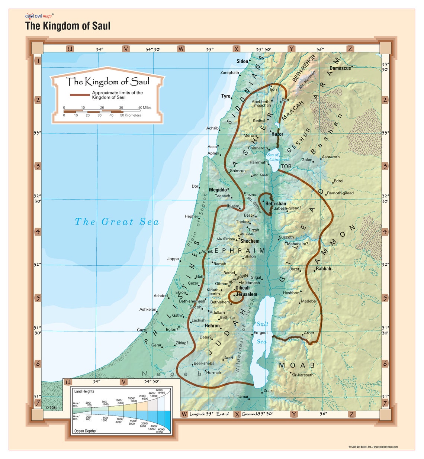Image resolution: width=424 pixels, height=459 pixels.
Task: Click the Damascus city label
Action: [x=340, y=68]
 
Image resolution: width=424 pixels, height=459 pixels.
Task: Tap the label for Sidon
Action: [x=242, y=61]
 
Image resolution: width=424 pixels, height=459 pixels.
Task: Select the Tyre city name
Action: [x=226, y=96]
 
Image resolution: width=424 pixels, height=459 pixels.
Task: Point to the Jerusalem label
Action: [x=247, y=294]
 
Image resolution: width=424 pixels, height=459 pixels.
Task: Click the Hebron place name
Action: [x=212, y=326]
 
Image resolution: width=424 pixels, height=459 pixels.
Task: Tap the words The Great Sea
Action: [x=117, y=222]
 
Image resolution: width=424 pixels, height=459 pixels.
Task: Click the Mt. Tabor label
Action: [x=261, y=175]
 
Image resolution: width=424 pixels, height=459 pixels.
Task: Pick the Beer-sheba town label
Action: [x=204, y=363]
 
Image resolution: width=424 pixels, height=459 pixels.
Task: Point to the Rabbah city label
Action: [x=323, y=269]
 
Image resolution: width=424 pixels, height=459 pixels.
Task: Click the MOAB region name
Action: [x=297, y=365]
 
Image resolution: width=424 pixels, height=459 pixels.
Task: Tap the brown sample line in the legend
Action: [x=80, y=95]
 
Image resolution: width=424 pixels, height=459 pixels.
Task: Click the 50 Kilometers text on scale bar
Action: [x=130, y=116]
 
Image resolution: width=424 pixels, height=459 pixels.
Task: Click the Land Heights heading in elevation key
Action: [x=84, y=391]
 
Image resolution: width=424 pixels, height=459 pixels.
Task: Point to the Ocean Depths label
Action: [x=85, y=431]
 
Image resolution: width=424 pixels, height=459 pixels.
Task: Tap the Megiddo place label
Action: [x=218, y=190]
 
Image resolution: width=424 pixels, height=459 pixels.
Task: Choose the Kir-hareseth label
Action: [x=302, y=375]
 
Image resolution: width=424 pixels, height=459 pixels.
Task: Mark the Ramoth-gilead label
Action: [x=340, y=193]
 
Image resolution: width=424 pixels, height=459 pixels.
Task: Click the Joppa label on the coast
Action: [x=173, y=259]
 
